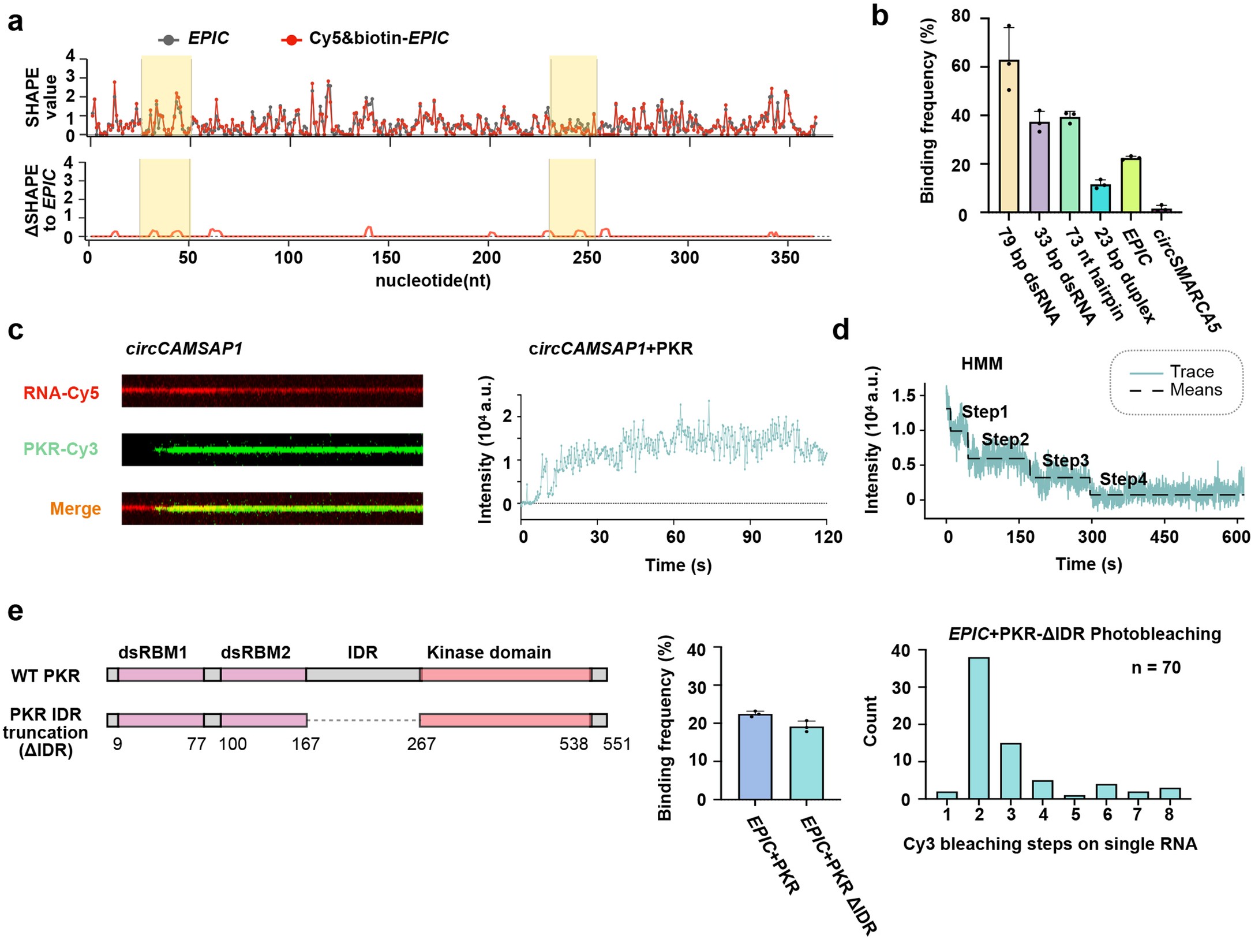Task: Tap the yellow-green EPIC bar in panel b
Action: pos(1131,185)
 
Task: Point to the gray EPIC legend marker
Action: pos(168,39)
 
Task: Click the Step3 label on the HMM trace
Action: pos(1065,460)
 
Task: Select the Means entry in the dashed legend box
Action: pos(1195,390)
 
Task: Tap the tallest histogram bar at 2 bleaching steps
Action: pos(979,728)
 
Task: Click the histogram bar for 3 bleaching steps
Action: pos(1010,771)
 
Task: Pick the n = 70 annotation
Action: pos(1156,668)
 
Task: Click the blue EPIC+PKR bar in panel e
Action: pos(755,757)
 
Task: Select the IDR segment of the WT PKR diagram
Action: pos(363,675)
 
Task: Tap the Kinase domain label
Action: pos(489,652)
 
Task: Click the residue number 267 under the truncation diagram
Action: pos(421,743)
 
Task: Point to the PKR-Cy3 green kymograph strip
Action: pos(272,449)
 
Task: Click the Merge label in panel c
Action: pos(75,508)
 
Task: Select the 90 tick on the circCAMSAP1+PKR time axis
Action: pos(751,537)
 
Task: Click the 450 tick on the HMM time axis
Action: pos(1164,536)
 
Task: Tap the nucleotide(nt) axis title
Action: pos(433,281)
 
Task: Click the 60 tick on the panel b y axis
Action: pos(961,66)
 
